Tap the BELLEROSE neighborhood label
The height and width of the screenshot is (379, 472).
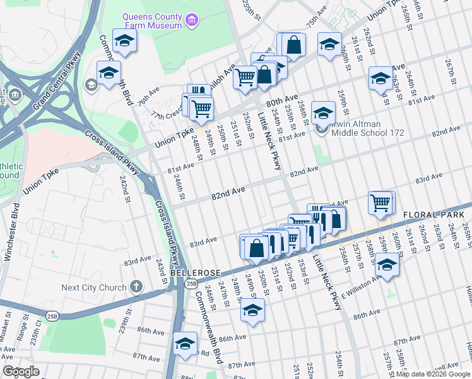(x=194, y=272)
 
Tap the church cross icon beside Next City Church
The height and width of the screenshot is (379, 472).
(x=136, y=287)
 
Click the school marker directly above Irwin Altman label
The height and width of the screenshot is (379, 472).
(x=323, y=112)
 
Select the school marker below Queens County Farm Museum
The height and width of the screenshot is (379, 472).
(x=125, y=41)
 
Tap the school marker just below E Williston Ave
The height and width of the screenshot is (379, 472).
(x=387, y=263)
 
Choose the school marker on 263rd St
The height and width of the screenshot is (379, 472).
(x=381, y=78)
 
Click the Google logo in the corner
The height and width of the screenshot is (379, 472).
(x=20, y=371)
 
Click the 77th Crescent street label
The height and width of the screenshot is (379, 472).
(x=165, y=116)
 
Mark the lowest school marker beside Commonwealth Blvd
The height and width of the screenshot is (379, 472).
(x=186, y=344)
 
